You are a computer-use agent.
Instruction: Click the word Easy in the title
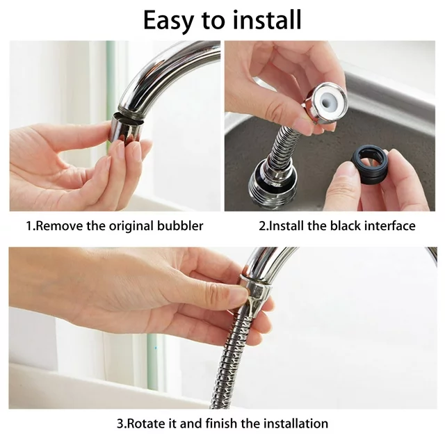(x=168, y=21)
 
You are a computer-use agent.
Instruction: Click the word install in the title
(x=266, y=19)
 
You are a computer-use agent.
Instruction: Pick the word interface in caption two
(x=390, y=226)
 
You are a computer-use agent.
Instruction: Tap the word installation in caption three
(x=296, y=423)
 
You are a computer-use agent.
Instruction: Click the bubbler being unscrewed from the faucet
(x=126, y=128)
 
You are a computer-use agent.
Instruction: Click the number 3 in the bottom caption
(x=120, y=423)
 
